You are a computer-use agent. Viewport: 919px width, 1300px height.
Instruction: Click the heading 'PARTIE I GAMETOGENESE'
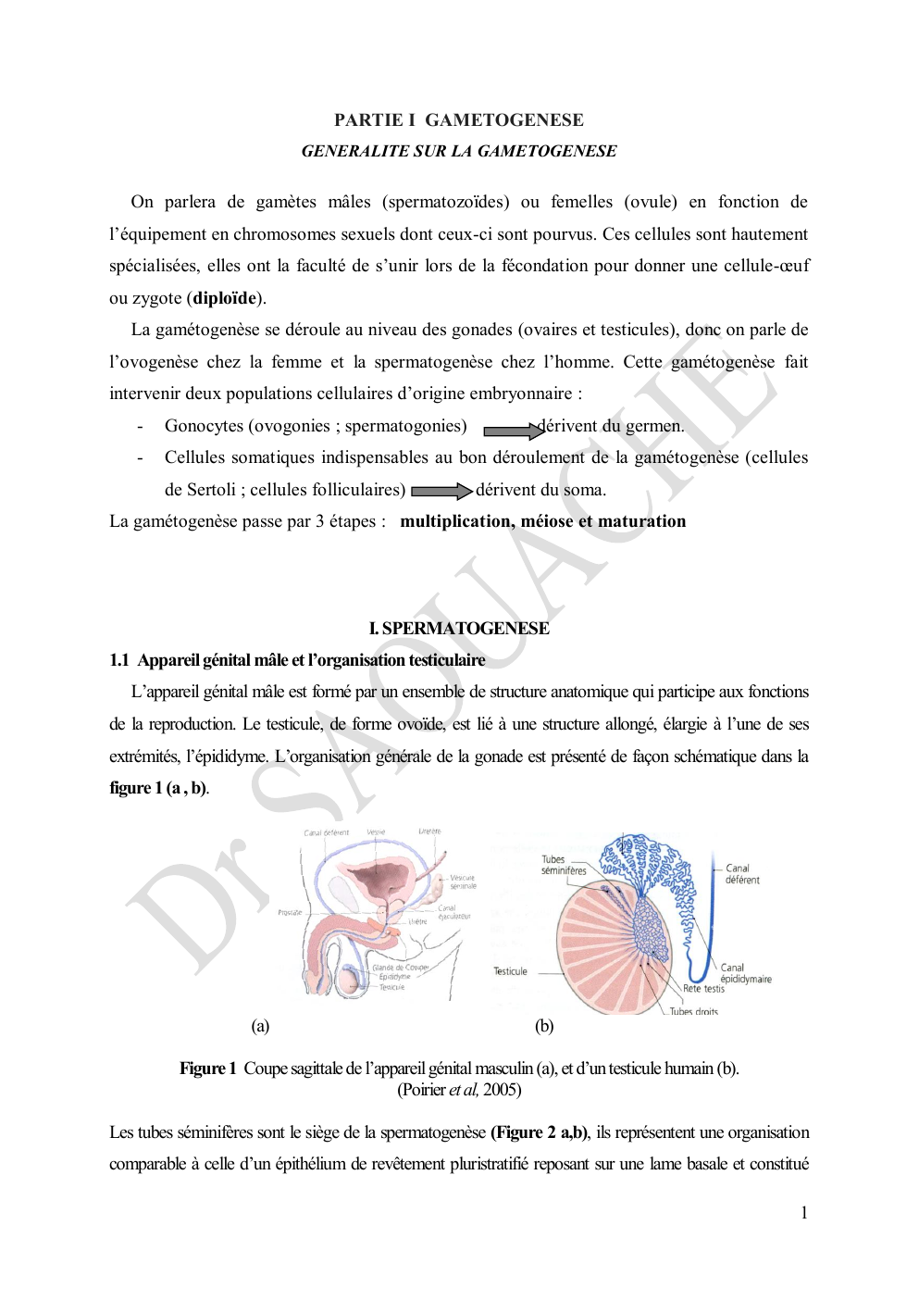tap(459, 119)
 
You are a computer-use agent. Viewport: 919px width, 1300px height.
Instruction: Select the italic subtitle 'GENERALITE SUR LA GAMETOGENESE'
tap(459, 151)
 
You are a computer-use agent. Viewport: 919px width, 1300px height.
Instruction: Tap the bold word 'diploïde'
tap(225, 298)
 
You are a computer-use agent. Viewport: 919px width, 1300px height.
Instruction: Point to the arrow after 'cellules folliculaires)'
tap(441, 492)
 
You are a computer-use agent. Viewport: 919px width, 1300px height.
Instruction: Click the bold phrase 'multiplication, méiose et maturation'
tap(542, 521)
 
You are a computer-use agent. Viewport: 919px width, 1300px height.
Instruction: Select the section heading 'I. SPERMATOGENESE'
tap(459, 629)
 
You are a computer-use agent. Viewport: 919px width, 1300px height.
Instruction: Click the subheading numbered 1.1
tap(297, 660)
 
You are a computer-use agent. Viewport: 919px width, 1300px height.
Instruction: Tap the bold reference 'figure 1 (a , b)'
tap(158, 788)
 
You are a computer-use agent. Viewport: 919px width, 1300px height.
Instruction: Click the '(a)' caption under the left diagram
tap(260, 1026)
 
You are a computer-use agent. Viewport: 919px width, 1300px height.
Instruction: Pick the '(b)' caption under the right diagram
tap(544, 1026)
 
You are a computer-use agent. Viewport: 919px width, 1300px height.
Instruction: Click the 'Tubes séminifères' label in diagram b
tap(564, 865)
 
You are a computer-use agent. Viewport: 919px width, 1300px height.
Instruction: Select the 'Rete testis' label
tap(703, 989)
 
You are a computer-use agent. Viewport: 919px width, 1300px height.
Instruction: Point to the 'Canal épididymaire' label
tap(745, 973)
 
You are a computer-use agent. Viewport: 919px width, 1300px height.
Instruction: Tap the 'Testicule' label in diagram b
tap(510, 971)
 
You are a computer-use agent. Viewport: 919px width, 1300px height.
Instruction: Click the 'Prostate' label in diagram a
tap(290, 912)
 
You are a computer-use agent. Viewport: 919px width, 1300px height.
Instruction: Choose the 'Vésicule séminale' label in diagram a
tap(463, 881)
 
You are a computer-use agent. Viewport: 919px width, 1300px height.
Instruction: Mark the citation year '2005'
tap(502, 1090)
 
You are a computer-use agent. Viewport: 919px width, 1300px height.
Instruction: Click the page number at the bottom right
tap(804, 1213)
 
